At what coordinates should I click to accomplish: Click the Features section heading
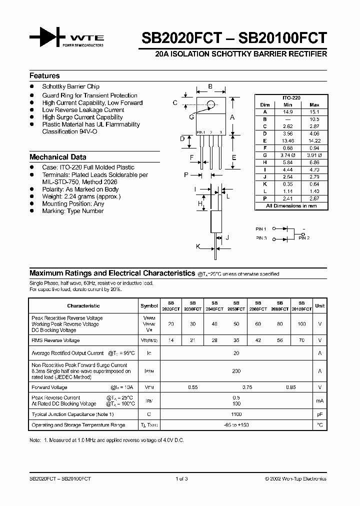(44, 76)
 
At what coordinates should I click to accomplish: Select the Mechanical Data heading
(57, 157)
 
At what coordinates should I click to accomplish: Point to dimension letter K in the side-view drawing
(198, 246)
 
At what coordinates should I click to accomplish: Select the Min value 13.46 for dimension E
(287, 141)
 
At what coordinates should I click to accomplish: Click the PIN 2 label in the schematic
(304, 238)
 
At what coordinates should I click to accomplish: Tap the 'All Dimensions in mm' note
(291, 205)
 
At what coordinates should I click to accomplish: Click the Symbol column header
(149, 305)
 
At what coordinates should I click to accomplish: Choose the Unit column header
(319, 305)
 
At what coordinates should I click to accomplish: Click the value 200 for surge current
(236, 371)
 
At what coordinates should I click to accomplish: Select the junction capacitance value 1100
(236, 414)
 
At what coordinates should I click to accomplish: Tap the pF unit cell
(319, 414)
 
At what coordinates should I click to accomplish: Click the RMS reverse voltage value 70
(301, 340)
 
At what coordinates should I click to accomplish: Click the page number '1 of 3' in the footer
(181, 479)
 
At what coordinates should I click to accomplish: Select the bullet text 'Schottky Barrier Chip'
(70, 87)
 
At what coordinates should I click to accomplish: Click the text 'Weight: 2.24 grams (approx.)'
(81, 196)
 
